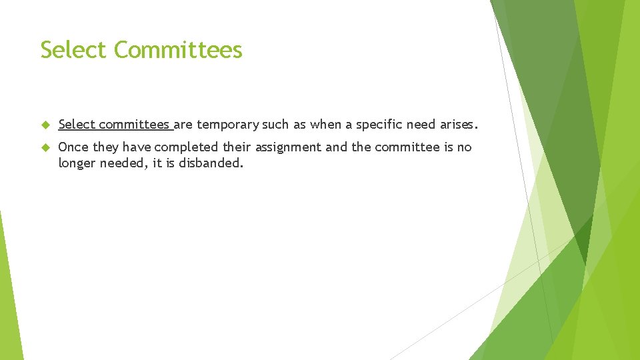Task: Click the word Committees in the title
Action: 178,50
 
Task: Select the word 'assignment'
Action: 288,147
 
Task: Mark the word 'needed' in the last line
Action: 121,164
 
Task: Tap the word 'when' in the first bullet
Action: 325,125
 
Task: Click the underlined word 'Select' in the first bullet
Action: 77,125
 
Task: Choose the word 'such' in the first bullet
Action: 277,125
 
